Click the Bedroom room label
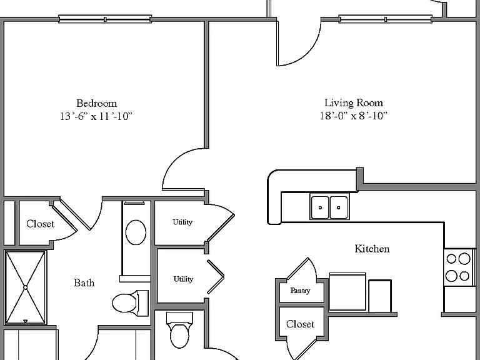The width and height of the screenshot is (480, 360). tap(96, 103)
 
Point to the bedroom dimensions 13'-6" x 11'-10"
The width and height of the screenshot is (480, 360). tap(96, 116)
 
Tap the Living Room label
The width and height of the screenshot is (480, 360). tap(354, 102)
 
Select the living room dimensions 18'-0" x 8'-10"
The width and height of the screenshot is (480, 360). tap(354, 116)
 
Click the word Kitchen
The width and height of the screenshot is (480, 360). tap(372, 249)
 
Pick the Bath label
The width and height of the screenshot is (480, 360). tap(84, 282)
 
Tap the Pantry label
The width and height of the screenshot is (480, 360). tap(300, 291)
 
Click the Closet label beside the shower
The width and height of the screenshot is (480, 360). tap(40, 224)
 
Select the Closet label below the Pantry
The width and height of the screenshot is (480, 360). tap(300, 324)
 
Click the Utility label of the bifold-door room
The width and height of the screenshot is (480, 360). tap(183, 279)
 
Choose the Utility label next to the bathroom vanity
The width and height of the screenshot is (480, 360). tap(182, 222)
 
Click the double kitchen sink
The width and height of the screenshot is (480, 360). tap(329, 207)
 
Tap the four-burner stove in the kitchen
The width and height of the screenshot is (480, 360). tap(458, 267)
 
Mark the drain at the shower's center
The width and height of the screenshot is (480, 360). tap(26, 287)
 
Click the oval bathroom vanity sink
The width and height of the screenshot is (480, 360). tap(136, 232)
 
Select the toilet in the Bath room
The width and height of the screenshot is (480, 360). tap(130, 303)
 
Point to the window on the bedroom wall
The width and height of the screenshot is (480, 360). tap(105, 19)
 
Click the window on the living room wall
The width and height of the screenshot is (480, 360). tap(386, 19)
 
